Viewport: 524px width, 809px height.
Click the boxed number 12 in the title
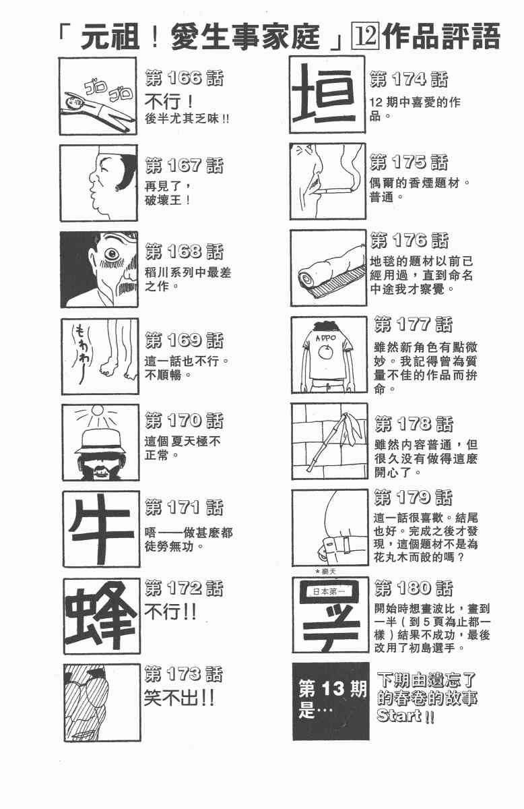(366, 36)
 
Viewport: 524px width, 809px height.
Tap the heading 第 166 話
(185, 78)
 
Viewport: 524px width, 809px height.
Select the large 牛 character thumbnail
(101, 529)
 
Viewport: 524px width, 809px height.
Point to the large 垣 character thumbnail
(327, 94)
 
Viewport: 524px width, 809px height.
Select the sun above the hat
(97, 411)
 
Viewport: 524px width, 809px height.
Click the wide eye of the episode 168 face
(112, 254)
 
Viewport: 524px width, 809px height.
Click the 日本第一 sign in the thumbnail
(329, 592)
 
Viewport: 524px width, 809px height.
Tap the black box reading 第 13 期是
(331, 701)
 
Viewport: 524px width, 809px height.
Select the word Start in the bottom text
(399, 715)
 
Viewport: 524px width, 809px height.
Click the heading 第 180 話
(414, 588)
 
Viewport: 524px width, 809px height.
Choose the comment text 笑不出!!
(179, 698)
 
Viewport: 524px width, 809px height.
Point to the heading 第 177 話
(413, 324)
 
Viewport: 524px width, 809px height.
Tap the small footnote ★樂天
(325, 572)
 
